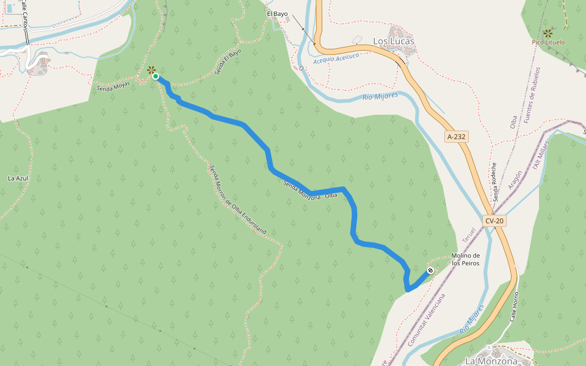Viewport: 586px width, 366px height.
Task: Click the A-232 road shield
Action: tap(456, 137)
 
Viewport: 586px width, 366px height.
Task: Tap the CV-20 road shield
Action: tap(495, 221)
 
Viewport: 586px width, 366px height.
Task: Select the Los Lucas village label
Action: tap(393, 41)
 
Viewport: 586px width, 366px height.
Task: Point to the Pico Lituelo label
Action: tap(548, 42)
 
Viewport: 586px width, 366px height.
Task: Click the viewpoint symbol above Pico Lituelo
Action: tap(548, 32)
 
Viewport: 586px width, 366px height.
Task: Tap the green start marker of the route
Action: tap(156, 76)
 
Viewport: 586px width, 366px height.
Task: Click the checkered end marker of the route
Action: tap(430, 270)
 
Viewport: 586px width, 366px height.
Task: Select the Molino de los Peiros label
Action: tap(465, 259)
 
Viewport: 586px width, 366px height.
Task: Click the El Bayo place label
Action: tap(277, 13)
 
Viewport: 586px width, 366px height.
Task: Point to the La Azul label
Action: tap(18, 178)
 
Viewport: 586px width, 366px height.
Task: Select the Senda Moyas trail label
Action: tap(114, 87)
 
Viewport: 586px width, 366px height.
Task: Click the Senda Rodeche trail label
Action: tap(495, 182)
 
